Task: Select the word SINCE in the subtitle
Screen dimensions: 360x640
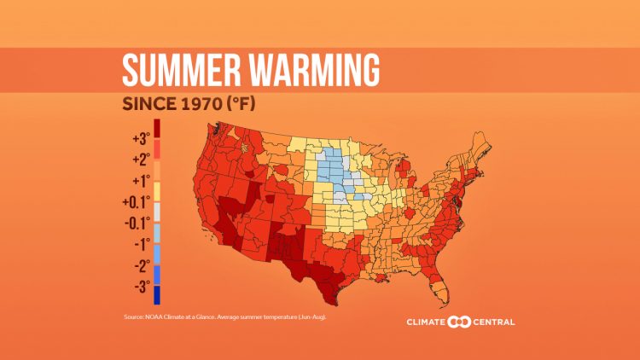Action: coord(150,105)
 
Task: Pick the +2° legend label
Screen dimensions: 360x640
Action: coord(140,160)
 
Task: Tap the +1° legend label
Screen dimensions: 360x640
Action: coord(140,181)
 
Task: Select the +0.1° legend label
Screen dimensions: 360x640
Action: coord(137,202)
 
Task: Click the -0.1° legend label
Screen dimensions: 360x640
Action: coord(137,223)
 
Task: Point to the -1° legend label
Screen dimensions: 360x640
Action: coord(140,244)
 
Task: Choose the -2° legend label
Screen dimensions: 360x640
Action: coord(140,264)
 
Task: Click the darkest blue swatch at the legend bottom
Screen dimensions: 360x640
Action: coord(157,295)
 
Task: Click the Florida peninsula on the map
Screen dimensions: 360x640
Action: coord(439,286)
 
